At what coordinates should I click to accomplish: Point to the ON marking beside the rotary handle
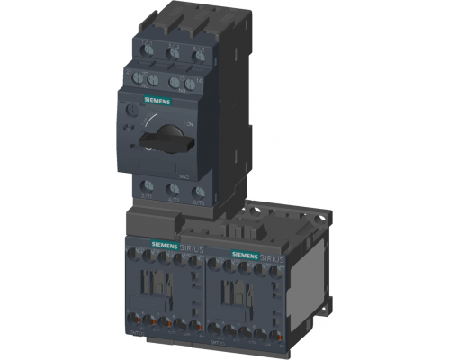tap(187, 122)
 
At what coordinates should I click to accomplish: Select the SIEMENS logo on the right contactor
tap(247, 256)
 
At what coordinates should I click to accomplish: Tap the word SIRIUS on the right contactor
tap(273, 258)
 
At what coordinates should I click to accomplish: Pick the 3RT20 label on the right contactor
tap(219, 343)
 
